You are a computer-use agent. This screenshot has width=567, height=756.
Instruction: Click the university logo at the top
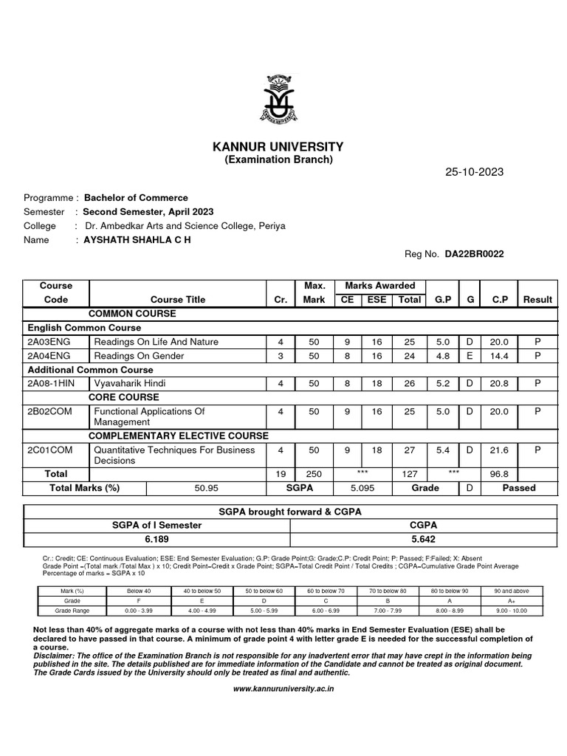[x=283, y=97]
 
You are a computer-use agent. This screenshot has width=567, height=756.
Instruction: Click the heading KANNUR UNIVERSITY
[x=278, y=147]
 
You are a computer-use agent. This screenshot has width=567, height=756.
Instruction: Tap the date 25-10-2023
[x=474, y=172]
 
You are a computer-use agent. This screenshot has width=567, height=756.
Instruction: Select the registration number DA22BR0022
[x=475, y=254]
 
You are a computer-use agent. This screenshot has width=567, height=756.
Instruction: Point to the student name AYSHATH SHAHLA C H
[x=137, y=240]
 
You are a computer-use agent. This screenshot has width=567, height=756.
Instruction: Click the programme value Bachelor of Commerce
[x=136, y=198]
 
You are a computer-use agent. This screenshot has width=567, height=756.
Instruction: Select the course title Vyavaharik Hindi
[x=127, y=384]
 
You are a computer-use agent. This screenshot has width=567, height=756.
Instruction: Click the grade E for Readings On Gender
[x=469, y=356]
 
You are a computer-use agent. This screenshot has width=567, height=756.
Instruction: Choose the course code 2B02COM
[x=50, y=411]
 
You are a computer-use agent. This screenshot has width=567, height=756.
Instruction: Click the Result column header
[x=537, y=300]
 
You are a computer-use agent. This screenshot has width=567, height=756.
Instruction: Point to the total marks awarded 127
[x=410, y=474]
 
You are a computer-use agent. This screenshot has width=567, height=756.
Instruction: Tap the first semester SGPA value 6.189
[x=157, y=539]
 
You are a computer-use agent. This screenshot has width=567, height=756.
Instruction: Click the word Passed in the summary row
[x=519, y=488]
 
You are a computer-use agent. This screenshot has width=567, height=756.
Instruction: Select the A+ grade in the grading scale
[x=511, y=601]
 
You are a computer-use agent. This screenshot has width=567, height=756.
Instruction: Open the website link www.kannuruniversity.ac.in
[x=283, y=688]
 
